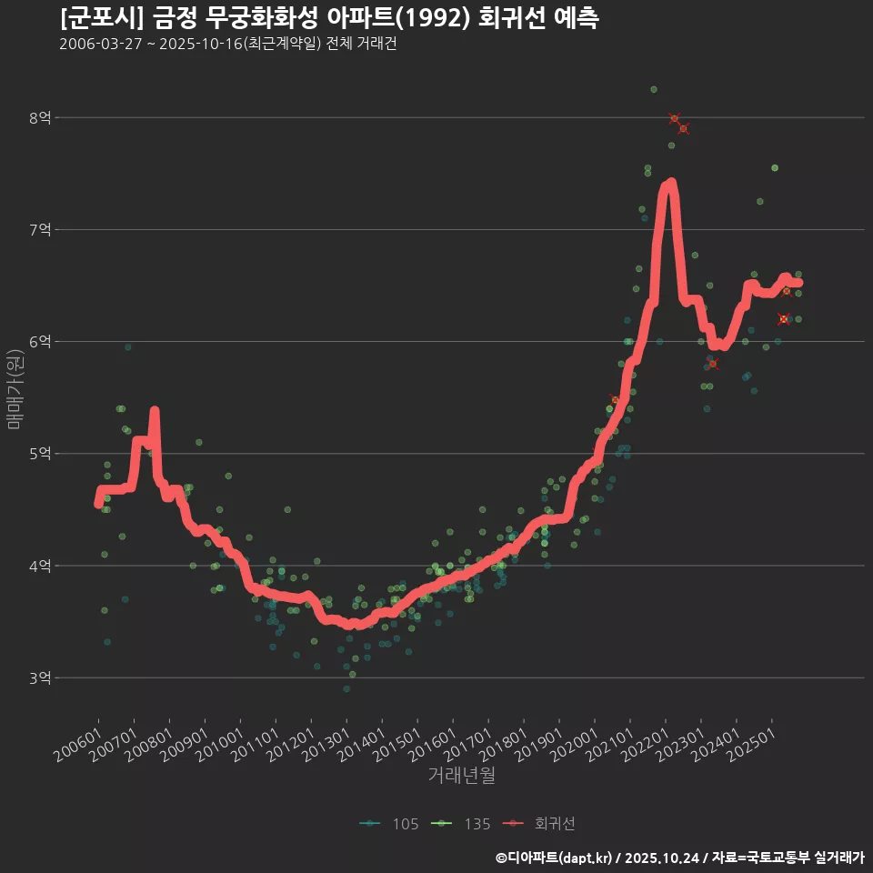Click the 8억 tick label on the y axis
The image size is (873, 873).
(40, 117)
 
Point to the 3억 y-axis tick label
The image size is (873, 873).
(40, 677)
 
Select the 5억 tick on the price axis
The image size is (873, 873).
(40, 454)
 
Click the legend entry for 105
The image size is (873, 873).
(390, 824)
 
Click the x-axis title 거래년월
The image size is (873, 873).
(461, 776)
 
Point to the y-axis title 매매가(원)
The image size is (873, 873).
(15, 388)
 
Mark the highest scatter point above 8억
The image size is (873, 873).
(653, 89)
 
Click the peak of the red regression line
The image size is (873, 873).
(670, 183)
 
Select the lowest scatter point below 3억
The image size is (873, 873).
(346, 688)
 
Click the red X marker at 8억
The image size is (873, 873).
(674, 118)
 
